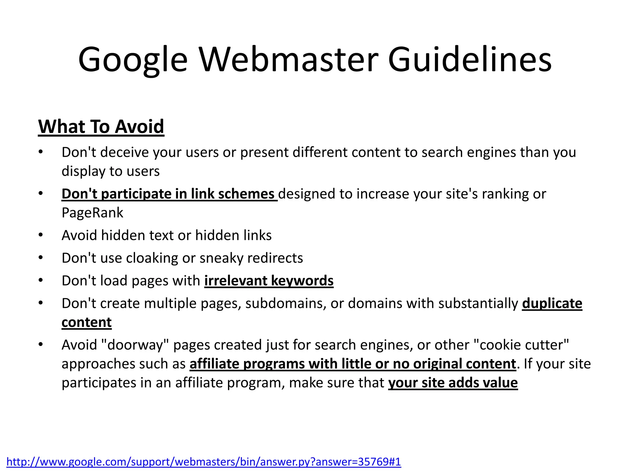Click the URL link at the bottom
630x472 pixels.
pos(204,462)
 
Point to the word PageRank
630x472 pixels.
pos(92,213)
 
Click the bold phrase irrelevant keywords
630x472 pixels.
pos(269,281)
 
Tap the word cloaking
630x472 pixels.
pos(152,258)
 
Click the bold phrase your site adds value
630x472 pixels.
pos(453,383)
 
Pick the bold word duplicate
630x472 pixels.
pos(552,303)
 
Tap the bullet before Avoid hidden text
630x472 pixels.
pos(41,235)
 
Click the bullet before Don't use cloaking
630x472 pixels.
pos(41,258)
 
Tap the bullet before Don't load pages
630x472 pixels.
pos(41,281)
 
